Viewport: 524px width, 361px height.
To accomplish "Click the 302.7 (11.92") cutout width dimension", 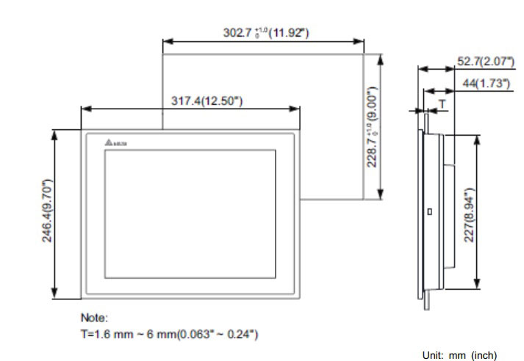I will coord(265,32).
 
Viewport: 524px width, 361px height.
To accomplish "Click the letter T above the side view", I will coord(442,103).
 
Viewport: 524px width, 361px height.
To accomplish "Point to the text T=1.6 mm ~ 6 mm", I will coord(168,335).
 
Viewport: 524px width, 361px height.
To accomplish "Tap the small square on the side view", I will coord(430,212).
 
